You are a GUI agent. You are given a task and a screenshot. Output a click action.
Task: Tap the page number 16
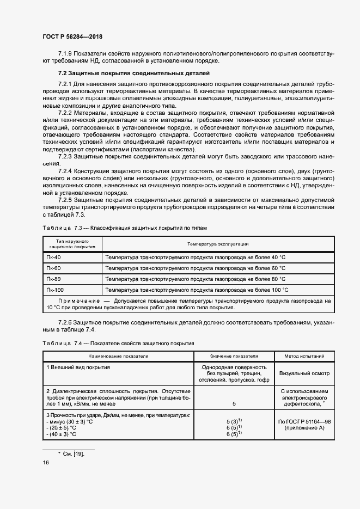pos(45,462)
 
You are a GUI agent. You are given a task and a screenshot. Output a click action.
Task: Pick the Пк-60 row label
pos(53,268)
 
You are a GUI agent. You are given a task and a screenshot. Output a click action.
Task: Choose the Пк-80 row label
pos(53,279)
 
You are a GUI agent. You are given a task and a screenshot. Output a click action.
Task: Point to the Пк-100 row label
pos(55,290)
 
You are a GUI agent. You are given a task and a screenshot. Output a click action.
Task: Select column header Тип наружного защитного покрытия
pos(72,243)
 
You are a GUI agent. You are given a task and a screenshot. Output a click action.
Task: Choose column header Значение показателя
pos(234,356)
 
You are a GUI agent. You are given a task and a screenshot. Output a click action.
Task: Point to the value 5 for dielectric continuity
pos(234,404)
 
